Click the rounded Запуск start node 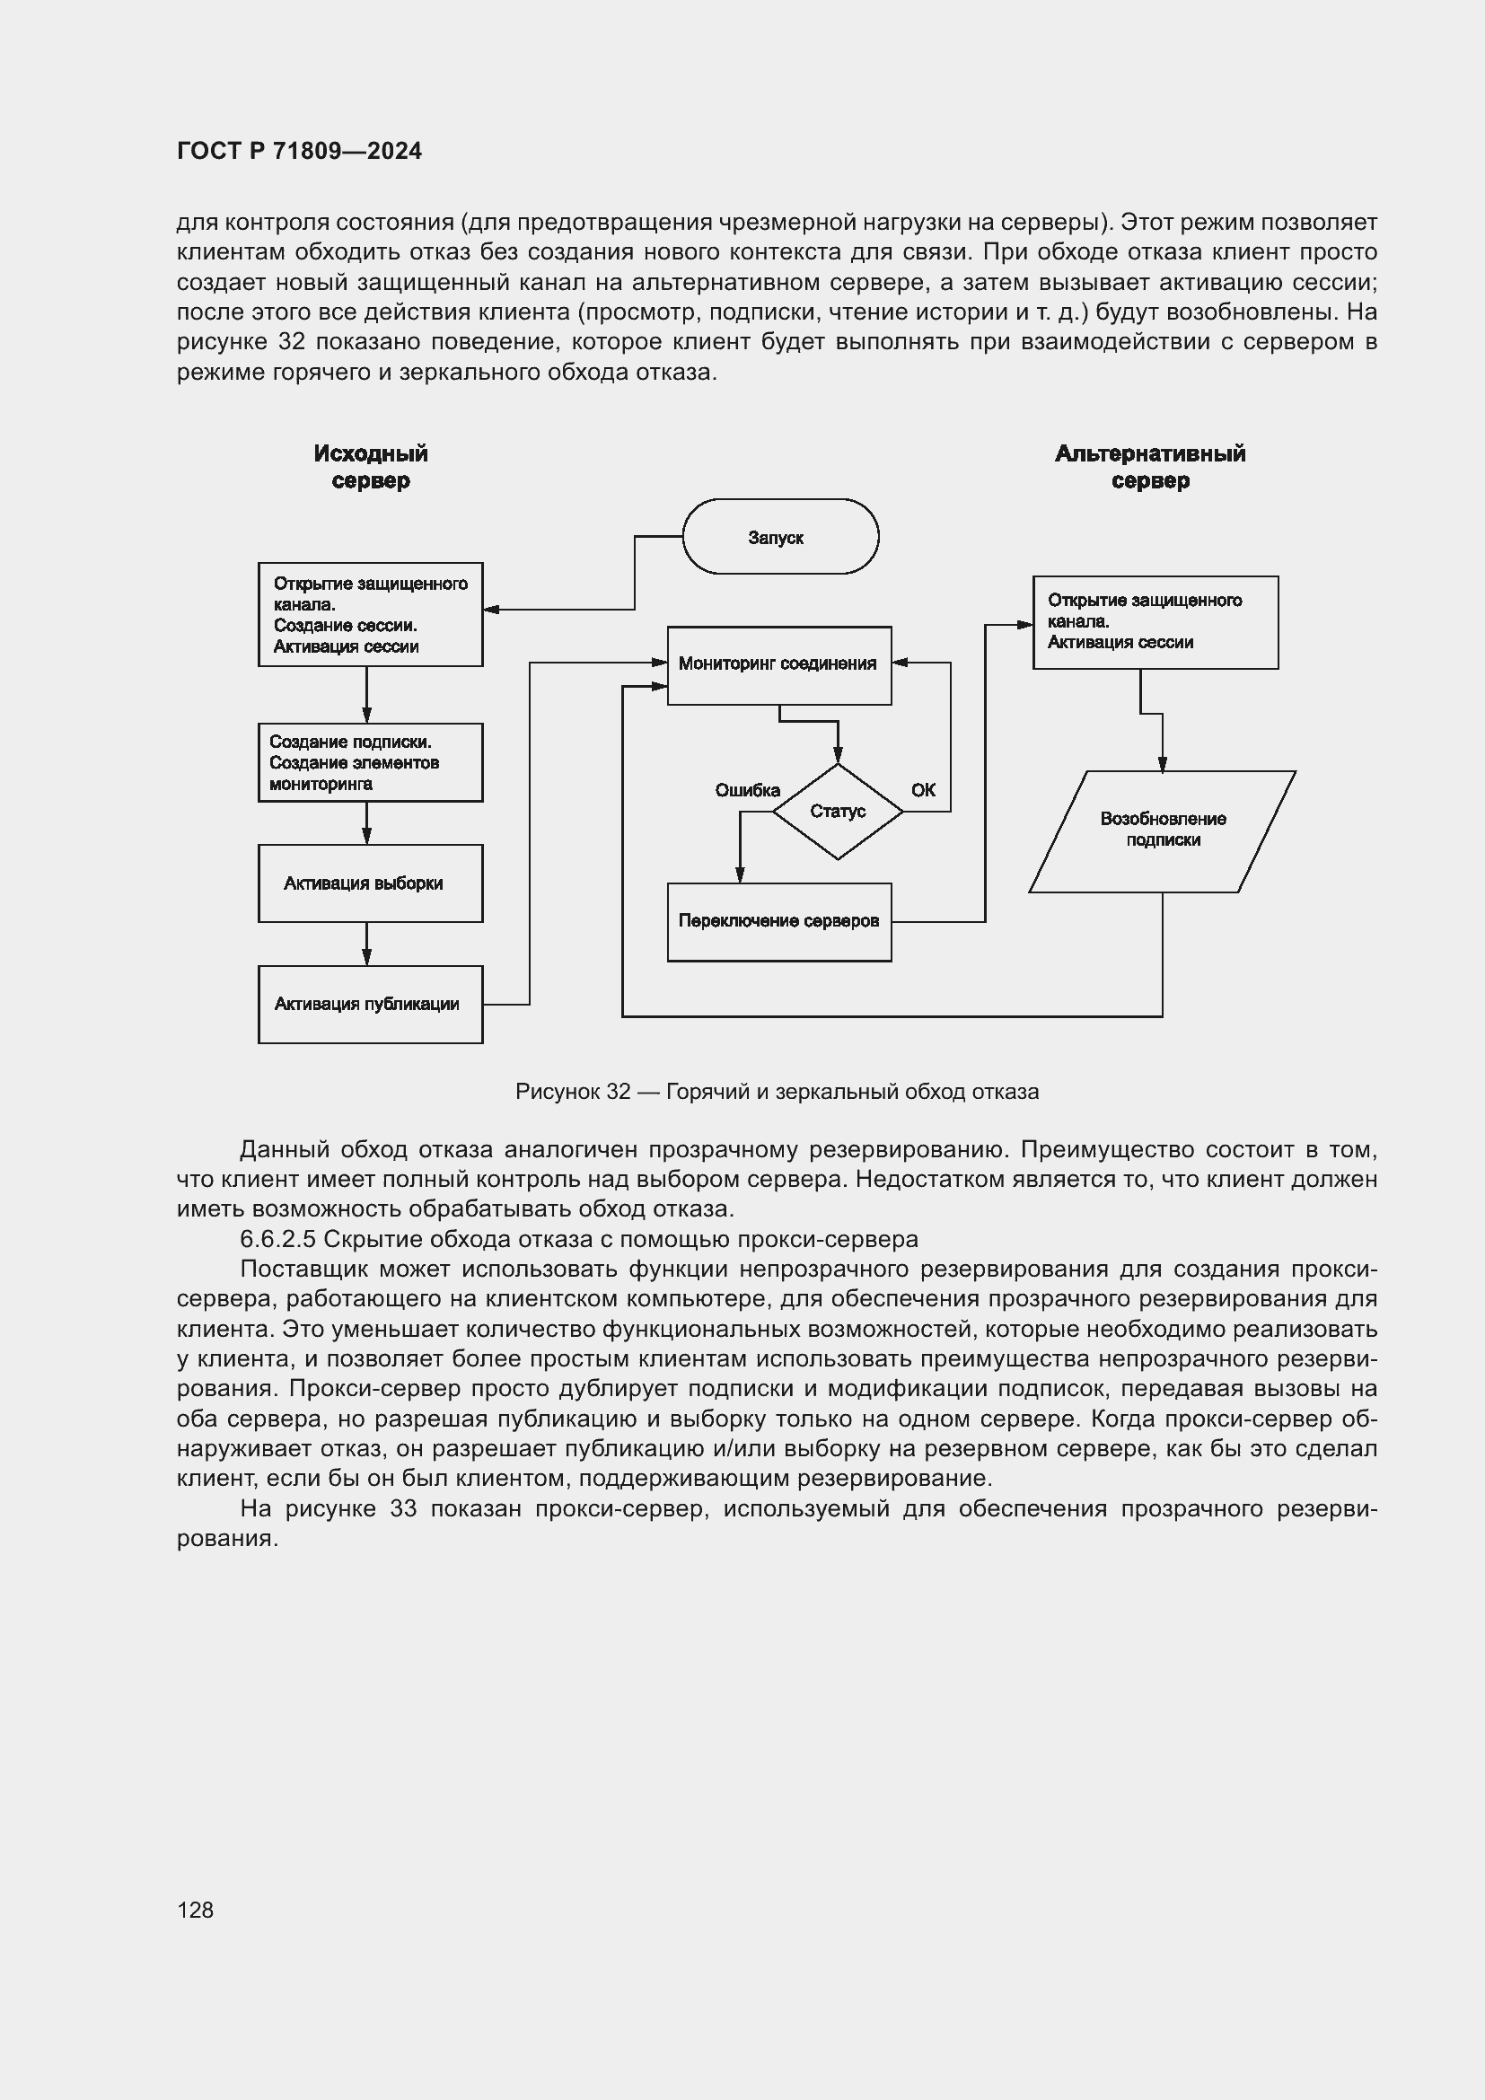pos(780,537)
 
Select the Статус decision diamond pos(838,812)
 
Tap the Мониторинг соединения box pos(779,665)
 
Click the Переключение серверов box pos(779,921)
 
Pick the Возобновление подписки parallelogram pos(1162,830)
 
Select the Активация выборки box pos(370,883)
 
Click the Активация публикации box pos(370,1005)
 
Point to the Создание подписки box pos(370,763)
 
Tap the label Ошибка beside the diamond pos(747,790)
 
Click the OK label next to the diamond pos(923,790)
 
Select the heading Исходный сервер pos(370,467)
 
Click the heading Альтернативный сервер pos(1150,467)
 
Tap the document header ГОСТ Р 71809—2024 pos(299,151)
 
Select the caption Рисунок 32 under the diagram pos(778,1092)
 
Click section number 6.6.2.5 pos(277,1239)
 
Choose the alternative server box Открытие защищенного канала pos(1155,622)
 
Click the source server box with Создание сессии pos(370,615)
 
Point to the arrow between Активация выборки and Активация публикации pos(366,943)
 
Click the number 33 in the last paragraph pos(402,1508)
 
